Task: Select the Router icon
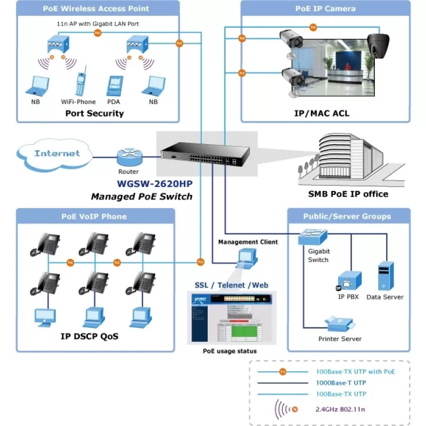tap(128, 156)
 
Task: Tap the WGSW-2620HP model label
tap(154, 184)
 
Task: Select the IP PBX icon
tap(350, 280)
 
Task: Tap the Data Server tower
tap(385, 275)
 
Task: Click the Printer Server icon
tap(339, 323)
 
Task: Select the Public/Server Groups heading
tap(347, 216)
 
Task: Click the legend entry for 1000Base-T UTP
tap(341, 382)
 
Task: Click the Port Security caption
tap(94, 113)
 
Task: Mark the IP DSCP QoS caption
tap(89, 337)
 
